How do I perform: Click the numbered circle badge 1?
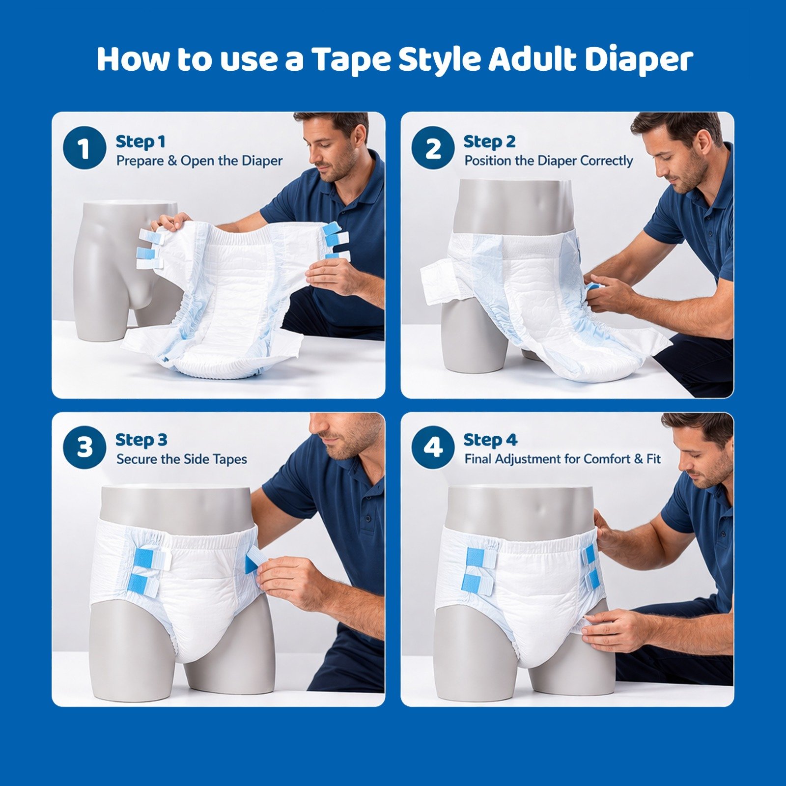84,148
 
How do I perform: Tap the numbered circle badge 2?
433,148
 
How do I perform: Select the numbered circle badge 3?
84,447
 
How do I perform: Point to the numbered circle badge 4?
433,447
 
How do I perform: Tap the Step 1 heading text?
140,141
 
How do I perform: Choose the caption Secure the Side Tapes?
181,459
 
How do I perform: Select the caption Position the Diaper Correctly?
549,161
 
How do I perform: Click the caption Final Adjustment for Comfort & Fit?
562,459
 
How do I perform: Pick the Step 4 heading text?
490,440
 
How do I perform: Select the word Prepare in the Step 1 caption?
140,161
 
